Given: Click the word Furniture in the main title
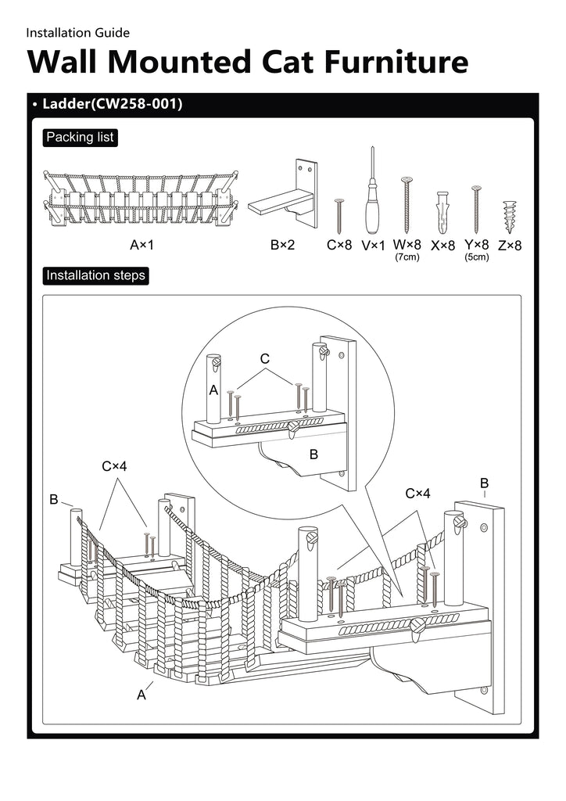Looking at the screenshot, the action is coord(396,61).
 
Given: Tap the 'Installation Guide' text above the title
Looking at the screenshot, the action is coord(77,33).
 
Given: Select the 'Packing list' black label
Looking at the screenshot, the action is coord(80,138).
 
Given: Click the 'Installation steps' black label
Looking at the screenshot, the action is coord(95,275).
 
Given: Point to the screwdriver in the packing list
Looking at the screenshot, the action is coord(373,191).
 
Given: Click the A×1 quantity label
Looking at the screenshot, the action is coord(141,245).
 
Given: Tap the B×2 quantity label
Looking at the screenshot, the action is coord(283,245).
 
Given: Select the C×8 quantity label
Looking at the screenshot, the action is coord(339,245).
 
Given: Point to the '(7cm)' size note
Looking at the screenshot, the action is coord(407,257).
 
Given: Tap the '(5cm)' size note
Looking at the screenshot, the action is coord(476,257).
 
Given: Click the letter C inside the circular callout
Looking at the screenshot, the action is coord(264,359).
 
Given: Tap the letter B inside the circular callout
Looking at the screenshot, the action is coord(313,454).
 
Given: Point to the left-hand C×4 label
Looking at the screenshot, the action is coord(114,466).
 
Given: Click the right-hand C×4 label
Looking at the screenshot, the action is coord(418,494).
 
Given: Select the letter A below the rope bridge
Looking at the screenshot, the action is coord(141,695).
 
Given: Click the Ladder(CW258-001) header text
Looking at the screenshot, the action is coord(113,104).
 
